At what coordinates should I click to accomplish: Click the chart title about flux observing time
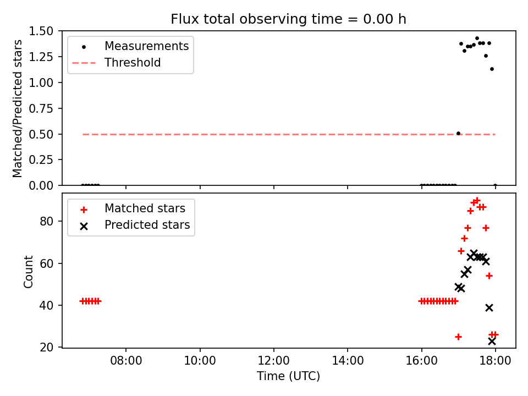(288, 19)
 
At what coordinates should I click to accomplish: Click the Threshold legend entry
(117, 63)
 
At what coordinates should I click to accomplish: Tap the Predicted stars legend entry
(135, 225)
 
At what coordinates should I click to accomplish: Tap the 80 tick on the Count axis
(46, 221)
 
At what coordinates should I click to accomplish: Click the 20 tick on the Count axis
(46, 347)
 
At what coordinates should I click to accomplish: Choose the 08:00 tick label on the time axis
(127, 361)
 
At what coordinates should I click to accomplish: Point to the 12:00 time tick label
(274, 361)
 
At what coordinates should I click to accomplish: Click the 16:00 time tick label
(422, 361)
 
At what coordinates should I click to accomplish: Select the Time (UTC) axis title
(288, 376)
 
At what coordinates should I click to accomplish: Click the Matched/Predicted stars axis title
(17, 108)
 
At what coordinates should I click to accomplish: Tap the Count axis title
(28, 272)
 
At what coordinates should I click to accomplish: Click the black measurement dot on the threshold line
(458, 133)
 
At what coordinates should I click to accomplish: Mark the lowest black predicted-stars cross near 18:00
(492, 341)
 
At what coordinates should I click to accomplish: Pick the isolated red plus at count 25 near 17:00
(458, 337)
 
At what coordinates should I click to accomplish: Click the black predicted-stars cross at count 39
(490, 307)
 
